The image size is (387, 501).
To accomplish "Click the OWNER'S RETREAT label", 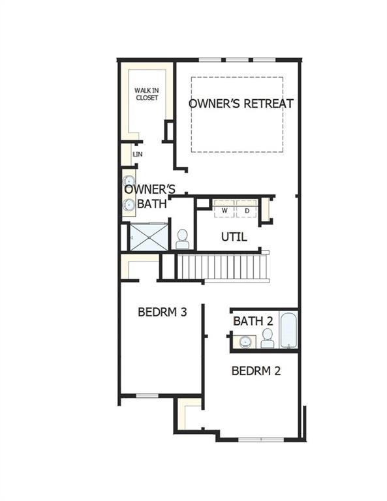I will (x=241, y=104).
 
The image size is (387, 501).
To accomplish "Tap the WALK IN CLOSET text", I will (x=147, y=94).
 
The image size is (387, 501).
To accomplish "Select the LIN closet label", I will (x=138, y=155).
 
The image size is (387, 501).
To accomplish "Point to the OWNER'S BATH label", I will (x=149, y=196).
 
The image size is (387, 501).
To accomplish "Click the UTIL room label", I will (x=234, y=237).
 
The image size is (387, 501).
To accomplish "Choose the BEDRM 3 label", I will (x=163, y=312).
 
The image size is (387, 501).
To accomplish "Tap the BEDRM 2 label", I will (x=256, y=371).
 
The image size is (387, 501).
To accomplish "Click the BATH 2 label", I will (x=253, y=321).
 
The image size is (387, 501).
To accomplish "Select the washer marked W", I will (x=224, y=211).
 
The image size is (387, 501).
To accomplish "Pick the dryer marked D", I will (x=247, y=211).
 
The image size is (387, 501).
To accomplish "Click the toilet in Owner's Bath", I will (x=182, y=239).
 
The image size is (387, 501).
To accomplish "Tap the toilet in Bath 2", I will (x=267, y=338).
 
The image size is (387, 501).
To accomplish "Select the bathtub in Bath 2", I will (x=288, y=331).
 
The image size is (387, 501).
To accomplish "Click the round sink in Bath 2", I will (x=246, y=341).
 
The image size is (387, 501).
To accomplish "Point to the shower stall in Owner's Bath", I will (x=149, y=237).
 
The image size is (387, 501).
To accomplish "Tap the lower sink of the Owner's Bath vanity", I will (x=129, y=205).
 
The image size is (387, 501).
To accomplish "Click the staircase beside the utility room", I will (x=222, y=267).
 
